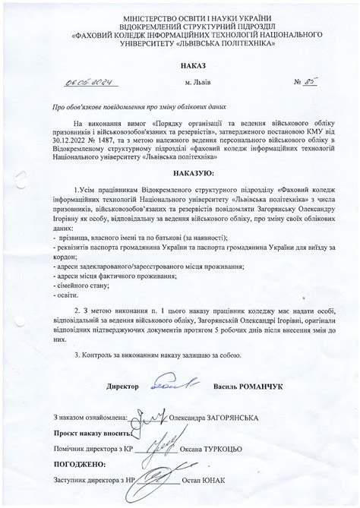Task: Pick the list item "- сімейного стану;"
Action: click(85, 285)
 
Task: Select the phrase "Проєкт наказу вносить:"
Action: click(88, 433)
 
